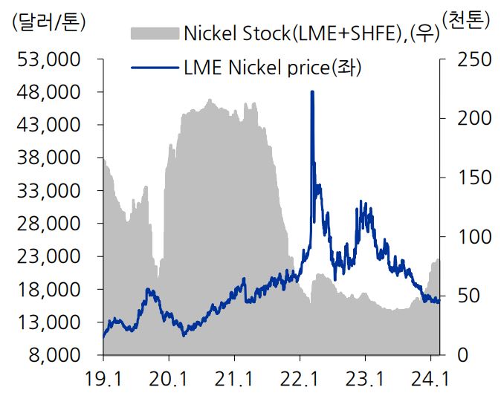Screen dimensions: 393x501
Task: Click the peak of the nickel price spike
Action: tap(312, 91)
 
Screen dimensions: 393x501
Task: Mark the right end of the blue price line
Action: tap(439, 301)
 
